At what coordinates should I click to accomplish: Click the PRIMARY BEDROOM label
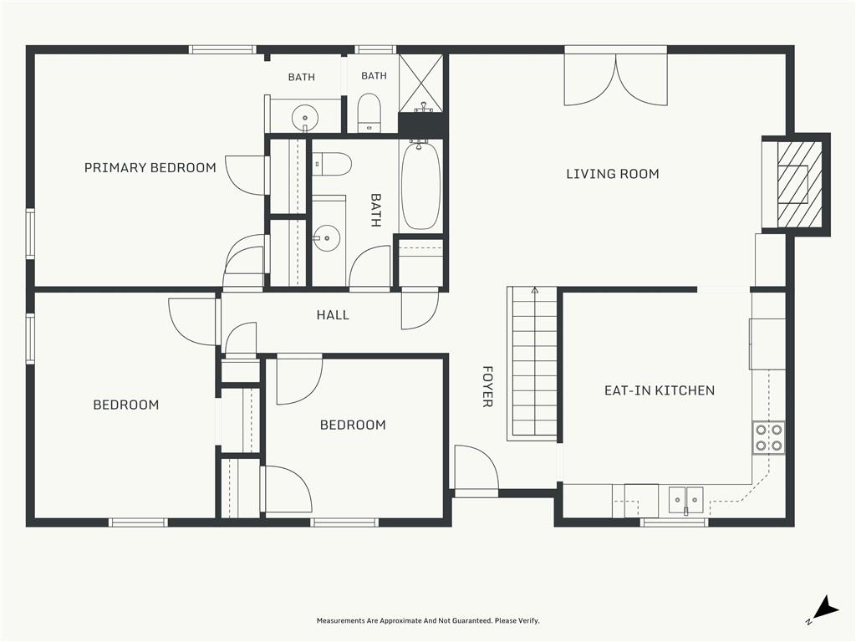click(x=150, y=167)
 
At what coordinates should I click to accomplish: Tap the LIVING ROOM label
click(x=613, y=174)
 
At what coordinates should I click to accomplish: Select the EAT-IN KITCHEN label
click(x=660, y=390)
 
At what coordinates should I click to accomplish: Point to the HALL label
click(x=333, y=315)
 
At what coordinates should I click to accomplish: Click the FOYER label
click(x=487, y=386)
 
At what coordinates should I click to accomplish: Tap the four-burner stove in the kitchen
click(x=769, y=438)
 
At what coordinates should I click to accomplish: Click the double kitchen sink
click(x=686, y=500)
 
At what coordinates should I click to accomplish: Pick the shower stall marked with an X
click(x=420, y=84)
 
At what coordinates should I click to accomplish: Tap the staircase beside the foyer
click(x=532, y=363)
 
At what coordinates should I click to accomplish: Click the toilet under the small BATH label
click(x=369, y=113)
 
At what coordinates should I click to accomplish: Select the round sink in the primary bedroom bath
click(x=305, y=117)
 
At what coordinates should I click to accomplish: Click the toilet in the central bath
click(x=332, y=164)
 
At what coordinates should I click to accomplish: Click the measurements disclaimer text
click(x=428, y=621)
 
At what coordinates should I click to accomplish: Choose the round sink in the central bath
click(x=327, y=238)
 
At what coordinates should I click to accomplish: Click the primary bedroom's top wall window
click(x=222, y=49)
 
